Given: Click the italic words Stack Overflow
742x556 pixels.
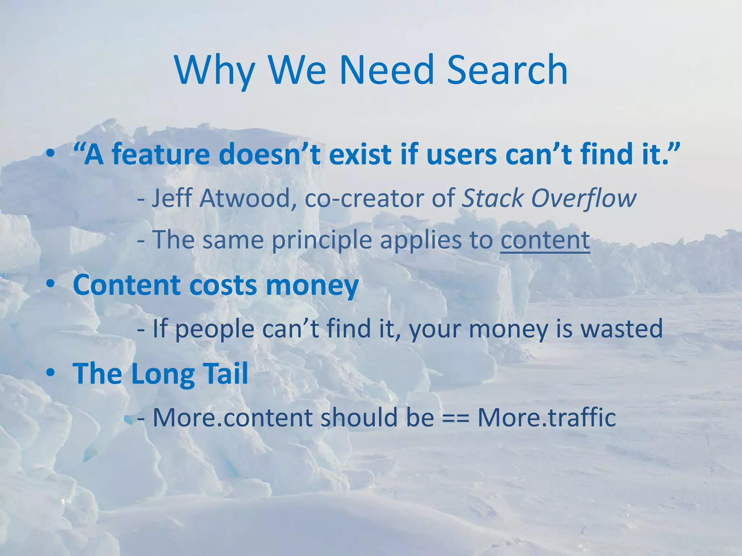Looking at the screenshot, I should [x=548, y=199].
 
